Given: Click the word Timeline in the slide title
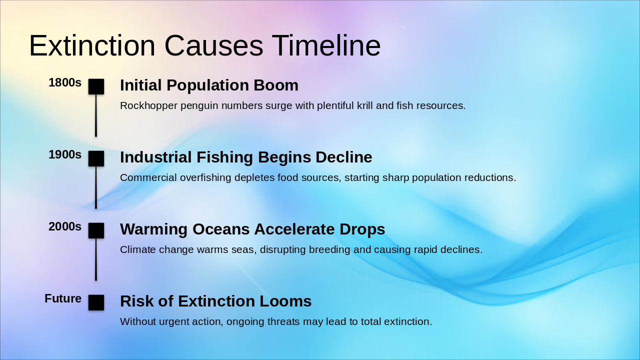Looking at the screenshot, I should coord(326,46).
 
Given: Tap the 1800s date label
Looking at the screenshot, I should coord(65,83).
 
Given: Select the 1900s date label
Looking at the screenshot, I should coord(65,155).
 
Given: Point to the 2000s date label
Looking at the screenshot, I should coord(65,227).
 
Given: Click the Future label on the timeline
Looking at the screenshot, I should coord(63,299).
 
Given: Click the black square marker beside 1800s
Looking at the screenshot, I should coord(96,86).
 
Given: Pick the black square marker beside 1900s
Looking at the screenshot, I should coord(96,158).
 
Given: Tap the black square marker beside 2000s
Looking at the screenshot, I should coord(96,230).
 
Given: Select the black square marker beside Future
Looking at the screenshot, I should coord(96,302).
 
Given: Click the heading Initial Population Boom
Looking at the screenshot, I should coord(209,85).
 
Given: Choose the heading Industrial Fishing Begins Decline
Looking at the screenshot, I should coord(246,157).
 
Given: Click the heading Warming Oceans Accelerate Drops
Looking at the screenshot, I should coord(252,229).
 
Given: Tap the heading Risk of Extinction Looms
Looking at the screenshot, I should coord(215,301).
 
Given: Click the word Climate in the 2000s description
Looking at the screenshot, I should coord(137,250).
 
